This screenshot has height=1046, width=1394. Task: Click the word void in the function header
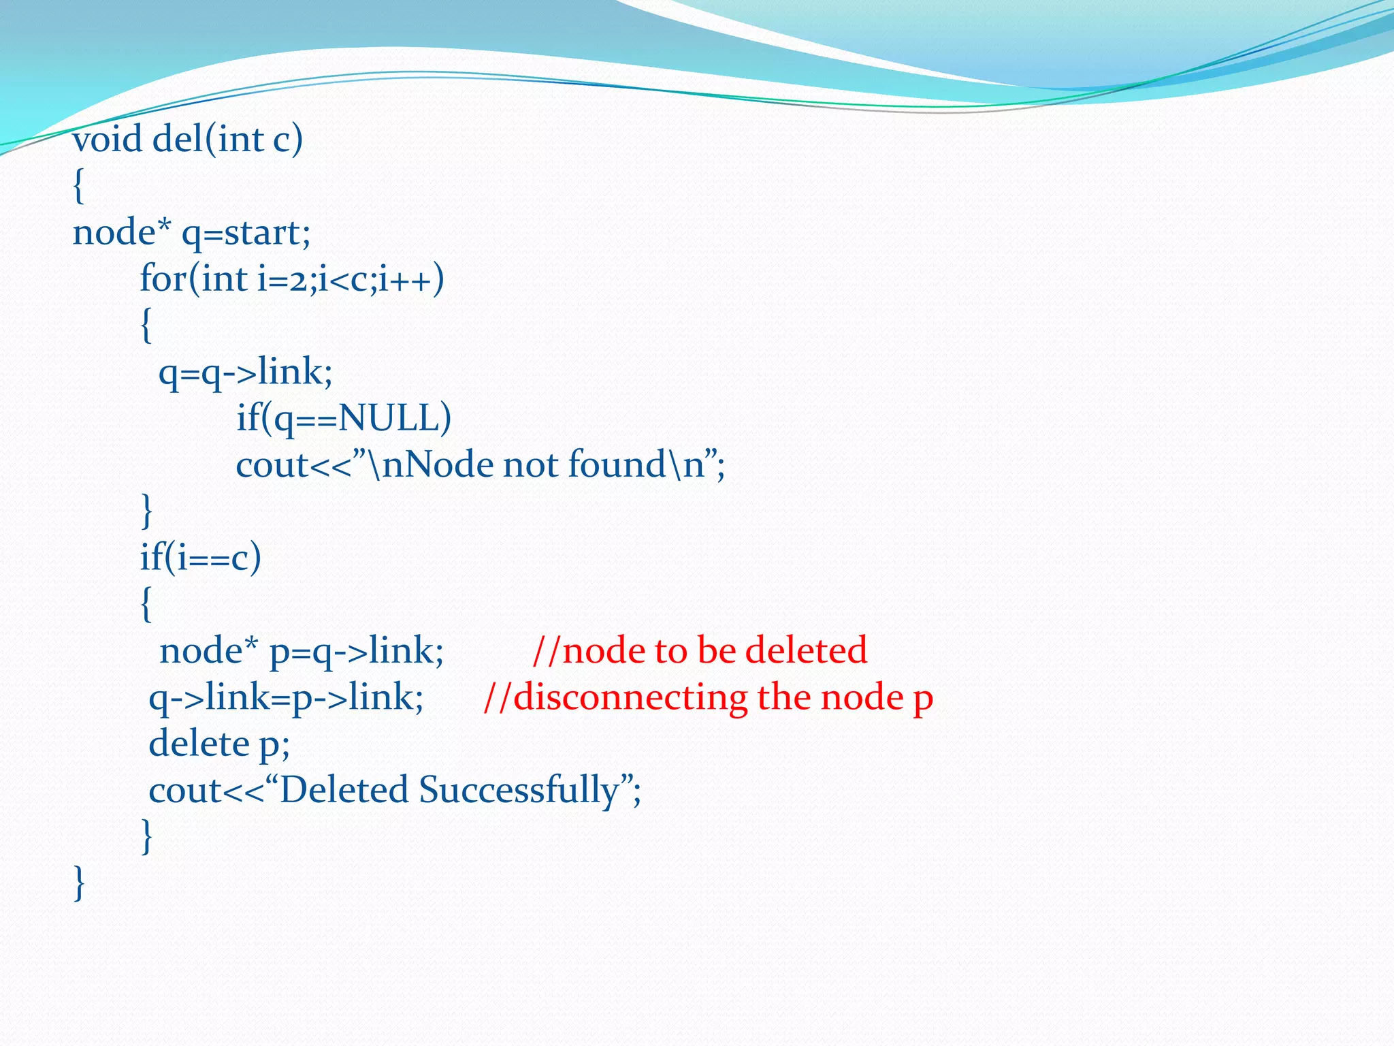point(108,140)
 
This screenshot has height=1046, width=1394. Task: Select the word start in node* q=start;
point(262,233)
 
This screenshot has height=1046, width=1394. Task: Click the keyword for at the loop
point(161,279)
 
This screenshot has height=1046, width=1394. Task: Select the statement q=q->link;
point(245,373)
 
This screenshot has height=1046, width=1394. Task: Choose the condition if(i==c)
point(200,558)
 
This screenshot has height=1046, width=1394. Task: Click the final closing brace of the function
point(79,883)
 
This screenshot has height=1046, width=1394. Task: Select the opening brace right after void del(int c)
point(79,186)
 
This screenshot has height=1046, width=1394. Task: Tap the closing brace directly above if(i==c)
point(146,511)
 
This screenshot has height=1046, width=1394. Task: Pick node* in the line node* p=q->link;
point(208,651)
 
